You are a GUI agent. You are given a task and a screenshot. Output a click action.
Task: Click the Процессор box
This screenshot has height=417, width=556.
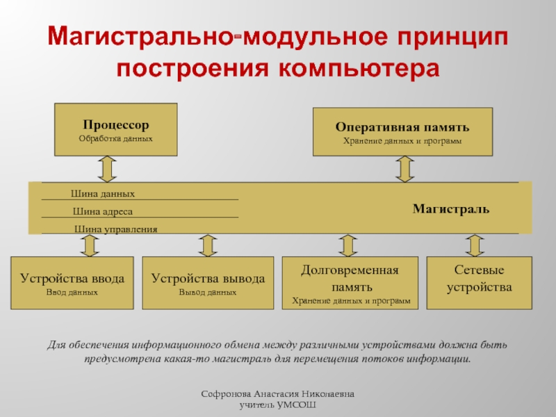click(115, 129)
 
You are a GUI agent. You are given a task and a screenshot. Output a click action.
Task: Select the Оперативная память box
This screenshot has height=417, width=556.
click(402, 132)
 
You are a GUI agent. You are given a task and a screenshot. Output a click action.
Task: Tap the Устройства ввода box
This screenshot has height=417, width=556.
click(72, 283)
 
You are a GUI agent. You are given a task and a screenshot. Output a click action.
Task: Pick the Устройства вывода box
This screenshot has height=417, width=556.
click(208, 283)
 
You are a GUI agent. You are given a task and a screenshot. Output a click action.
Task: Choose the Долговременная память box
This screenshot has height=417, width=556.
click(350, 283)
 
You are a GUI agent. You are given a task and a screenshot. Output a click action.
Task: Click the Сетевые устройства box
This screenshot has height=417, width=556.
click(479, 283)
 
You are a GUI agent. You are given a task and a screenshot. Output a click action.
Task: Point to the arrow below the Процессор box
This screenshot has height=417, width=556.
click(106, 168)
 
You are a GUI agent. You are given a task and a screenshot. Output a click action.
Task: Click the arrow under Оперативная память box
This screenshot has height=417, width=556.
click(404, 168)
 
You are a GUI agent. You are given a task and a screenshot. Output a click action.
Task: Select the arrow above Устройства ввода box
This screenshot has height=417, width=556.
click(88, 245)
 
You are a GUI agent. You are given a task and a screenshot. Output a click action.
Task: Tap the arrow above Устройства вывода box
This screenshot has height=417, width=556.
click(207, 245)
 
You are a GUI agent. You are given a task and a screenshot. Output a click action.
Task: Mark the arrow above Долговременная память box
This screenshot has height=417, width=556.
click(347, 245)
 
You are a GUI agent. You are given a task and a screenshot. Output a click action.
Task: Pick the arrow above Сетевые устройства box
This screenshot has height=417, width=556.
click(474, 245)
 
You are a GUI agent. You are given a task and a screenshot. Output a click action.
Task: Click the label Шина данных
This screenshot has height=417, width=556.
click(103, 194)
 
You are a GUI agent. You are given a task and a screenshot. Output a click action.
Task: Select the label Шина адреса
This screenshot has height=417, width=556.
click(103, 211)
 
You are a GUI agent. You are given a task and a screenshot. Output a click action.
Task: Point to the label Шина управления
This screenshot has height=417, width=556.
click(116, 229)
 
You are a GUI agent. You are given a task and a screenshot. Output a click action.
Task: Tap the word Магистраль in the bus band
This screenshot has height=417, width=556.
click(451, 208)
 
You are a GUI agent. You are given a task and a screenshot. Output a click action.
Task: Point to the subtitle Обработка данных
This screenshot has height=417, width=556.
click(115, 139)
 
